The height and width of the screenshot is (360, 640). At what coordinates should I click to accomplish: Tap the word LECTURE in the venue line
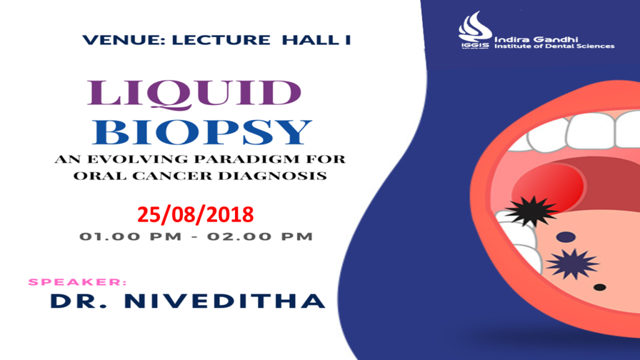221,40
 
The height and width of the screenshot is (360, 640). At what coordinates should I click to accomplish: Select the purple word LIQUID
194,94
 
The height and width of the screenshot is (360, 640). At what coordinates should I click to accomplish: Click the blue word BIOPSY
202,132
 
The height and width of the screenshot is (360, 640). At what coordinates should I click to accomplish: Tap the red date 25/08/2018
196,215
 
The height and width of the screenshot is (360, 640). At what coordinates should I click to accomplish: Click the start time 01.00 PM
130,237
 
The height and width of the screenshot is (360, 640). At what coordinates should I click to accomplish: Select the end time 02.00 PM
261,237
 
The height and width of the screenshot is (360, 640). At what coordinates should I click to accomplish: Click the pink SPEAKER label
77,282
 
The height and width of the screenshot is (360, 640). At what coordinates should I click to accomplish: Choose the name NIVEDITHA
224,301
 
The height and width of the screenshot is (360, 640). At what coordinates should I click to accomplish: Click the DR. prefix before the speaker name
78,301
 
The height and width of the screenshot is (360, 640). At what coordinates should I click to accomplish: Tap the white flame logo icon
474,27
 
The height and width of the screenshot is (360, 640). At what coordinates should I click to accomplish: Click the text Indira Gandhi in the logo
536,39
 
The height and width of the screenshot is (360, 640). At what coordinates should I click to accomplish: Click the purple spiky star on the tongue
572,264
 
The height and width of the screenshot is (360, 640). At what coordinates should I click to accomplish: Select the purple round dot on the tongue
566,237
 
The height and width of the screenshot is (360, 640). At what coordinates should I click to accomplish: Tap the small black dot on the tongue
599,287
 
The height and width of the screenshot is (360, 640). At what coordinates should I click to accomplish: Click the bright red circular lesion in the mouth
547,187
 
